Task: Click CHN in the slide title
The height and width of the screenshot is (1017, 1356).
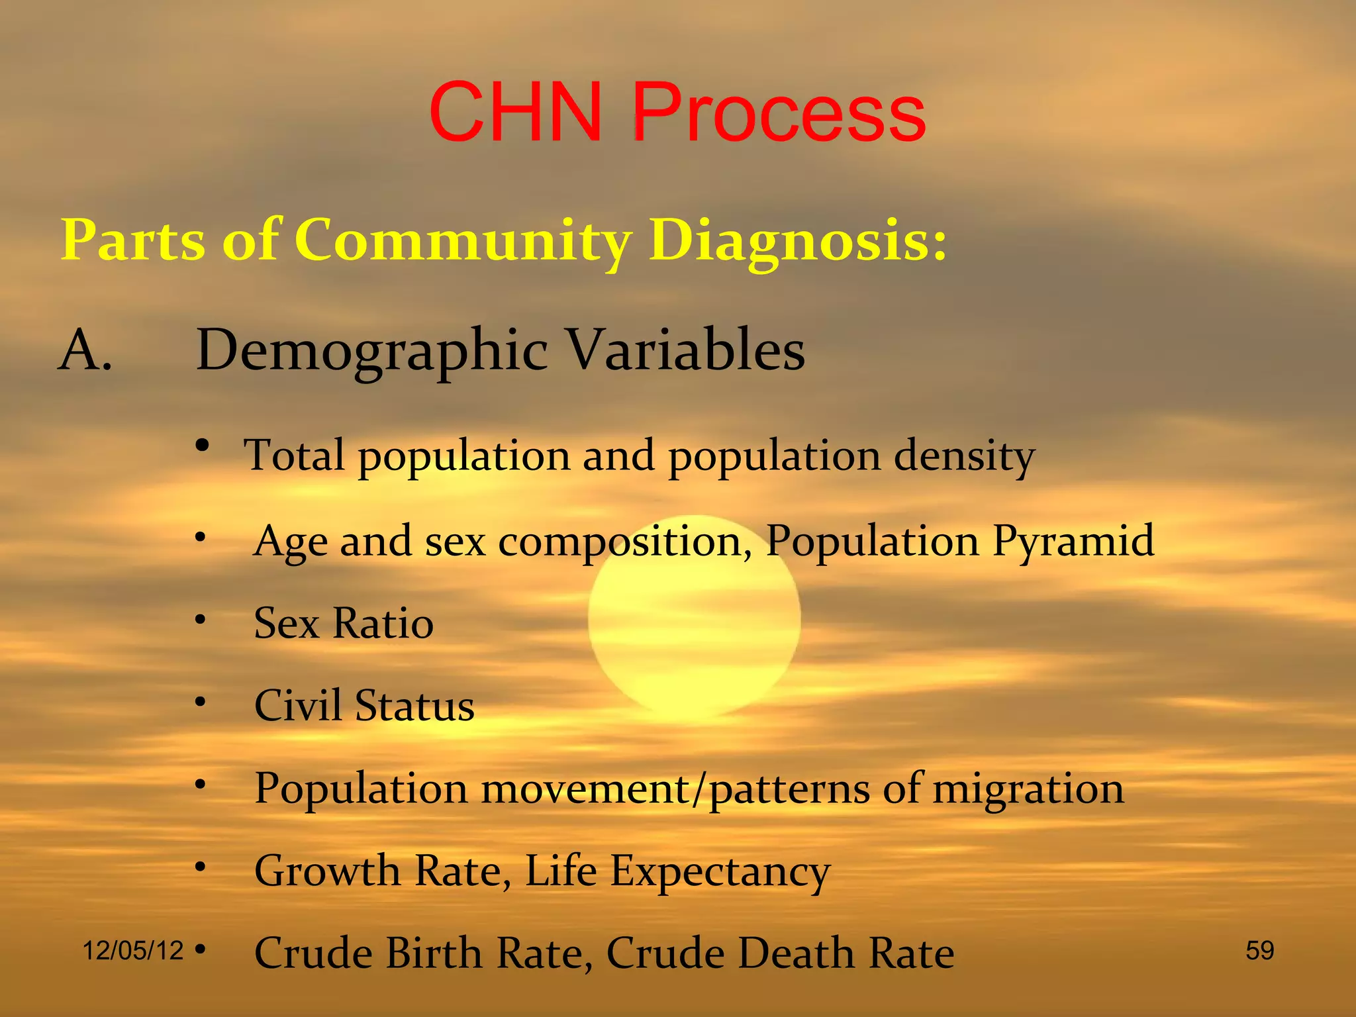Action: (516, 113)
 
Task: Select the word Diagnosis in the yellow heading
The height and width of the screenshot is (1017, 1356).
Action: (797, 242)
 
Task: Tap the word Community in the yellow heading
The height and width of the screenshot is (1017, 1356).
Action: (463, 242)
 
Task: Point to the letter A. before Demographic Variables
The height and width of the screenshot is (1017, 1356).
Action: (85, 350)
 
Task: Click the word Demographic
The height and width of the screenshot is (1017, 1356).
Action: (372, 352)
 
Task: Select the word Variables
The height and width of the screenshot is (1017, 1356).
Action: (687, 350)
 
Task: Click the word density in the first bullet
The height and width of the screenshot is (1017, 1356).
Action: (964, 457)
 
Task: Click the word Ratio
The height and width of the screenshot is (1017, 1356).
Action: (383, 624)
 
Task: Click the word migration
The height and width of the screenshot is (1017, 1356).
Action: (1028, 790)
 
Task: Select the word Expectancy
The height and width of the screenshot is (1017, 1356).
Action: (720, 873)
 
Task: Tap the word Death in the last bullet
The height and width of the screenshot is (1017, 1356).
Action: (795, 953)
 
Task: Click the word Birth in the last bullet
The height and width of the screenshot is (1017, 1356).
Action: (434, 953)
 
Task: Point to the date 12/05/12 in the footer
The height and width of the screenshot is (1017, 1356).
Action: (132, 951)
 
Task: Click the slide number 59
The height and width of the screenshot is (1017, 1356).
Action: (1259, 951)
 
